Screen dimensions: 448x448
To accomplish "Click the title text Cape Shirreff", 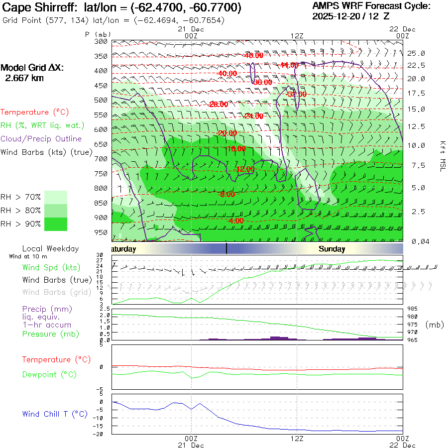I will pos(37,8).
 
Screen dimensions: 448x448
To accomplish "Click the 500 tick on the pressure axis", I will pos(101,100).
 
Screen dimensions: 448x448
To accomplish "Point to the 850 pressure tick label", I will pos(101,203).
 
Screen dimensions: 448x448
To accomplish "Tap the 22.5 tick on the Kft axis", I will pos(416,66).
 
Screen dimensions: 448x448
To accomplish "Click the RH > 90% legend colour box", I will pos(56,224).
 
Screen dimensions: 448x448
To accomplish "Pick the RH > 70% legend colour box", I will pos(56,197).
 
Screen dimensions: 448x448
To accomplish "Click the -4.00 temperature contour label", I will pos(234,221).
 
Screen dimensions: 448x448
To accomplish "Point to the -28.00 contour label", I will pos(219,104).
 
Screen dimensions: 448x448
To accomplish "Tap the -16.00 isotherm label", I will pos(236,148).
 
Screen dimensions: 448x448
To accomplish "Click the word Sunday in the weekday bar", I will pos(332,249).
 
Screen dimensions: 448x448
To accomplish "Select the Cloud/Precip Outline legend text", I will pos(41,139).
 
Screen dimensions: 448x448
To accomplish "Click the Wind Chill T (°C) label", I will pos(55,414).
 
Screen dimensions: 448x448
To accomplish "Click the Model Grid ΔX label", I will pos(32,68).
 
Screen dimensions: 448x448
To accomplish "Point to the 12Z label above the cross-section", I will pos(297,35).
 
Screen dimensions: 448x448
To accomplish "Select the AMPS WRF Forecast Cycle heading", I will pos(371,6).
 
